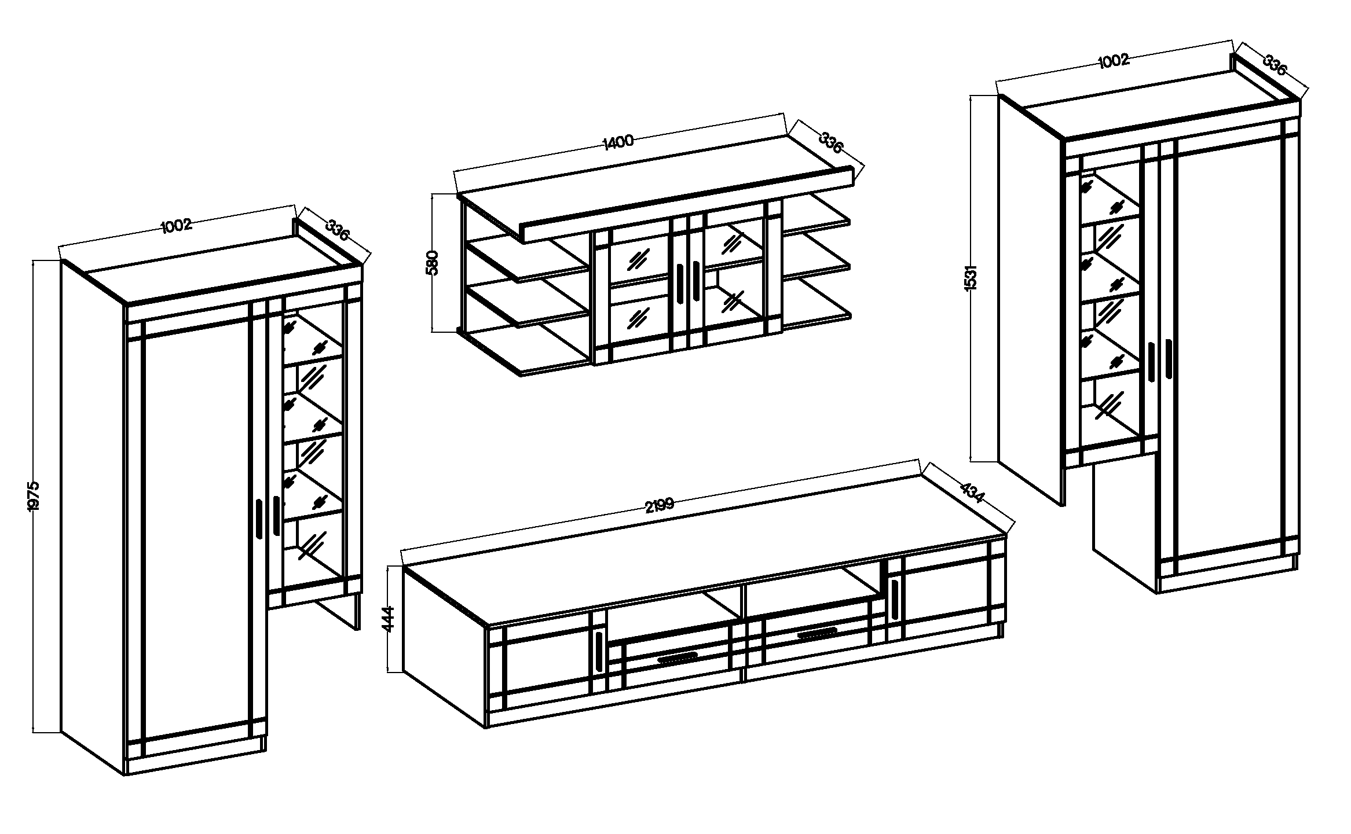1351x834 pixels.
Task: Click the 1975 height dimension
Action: click(x=33, y=495)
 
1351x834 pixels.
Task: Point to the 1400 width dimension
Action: click(x=618, y=142)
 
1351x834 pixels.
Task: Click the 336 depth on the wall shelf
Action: click(x=830, y=142)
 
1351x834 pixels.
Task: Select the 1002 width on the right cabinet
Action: click(x=1113, y=60)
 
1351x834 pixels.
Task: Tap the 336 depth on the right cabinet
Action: click(x=1275, y=64)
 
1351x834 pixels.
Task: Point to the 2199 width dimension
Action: click(x=660, y=505)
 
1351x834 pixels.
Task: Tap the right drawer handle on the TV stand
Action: click(x=818, y=633)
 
